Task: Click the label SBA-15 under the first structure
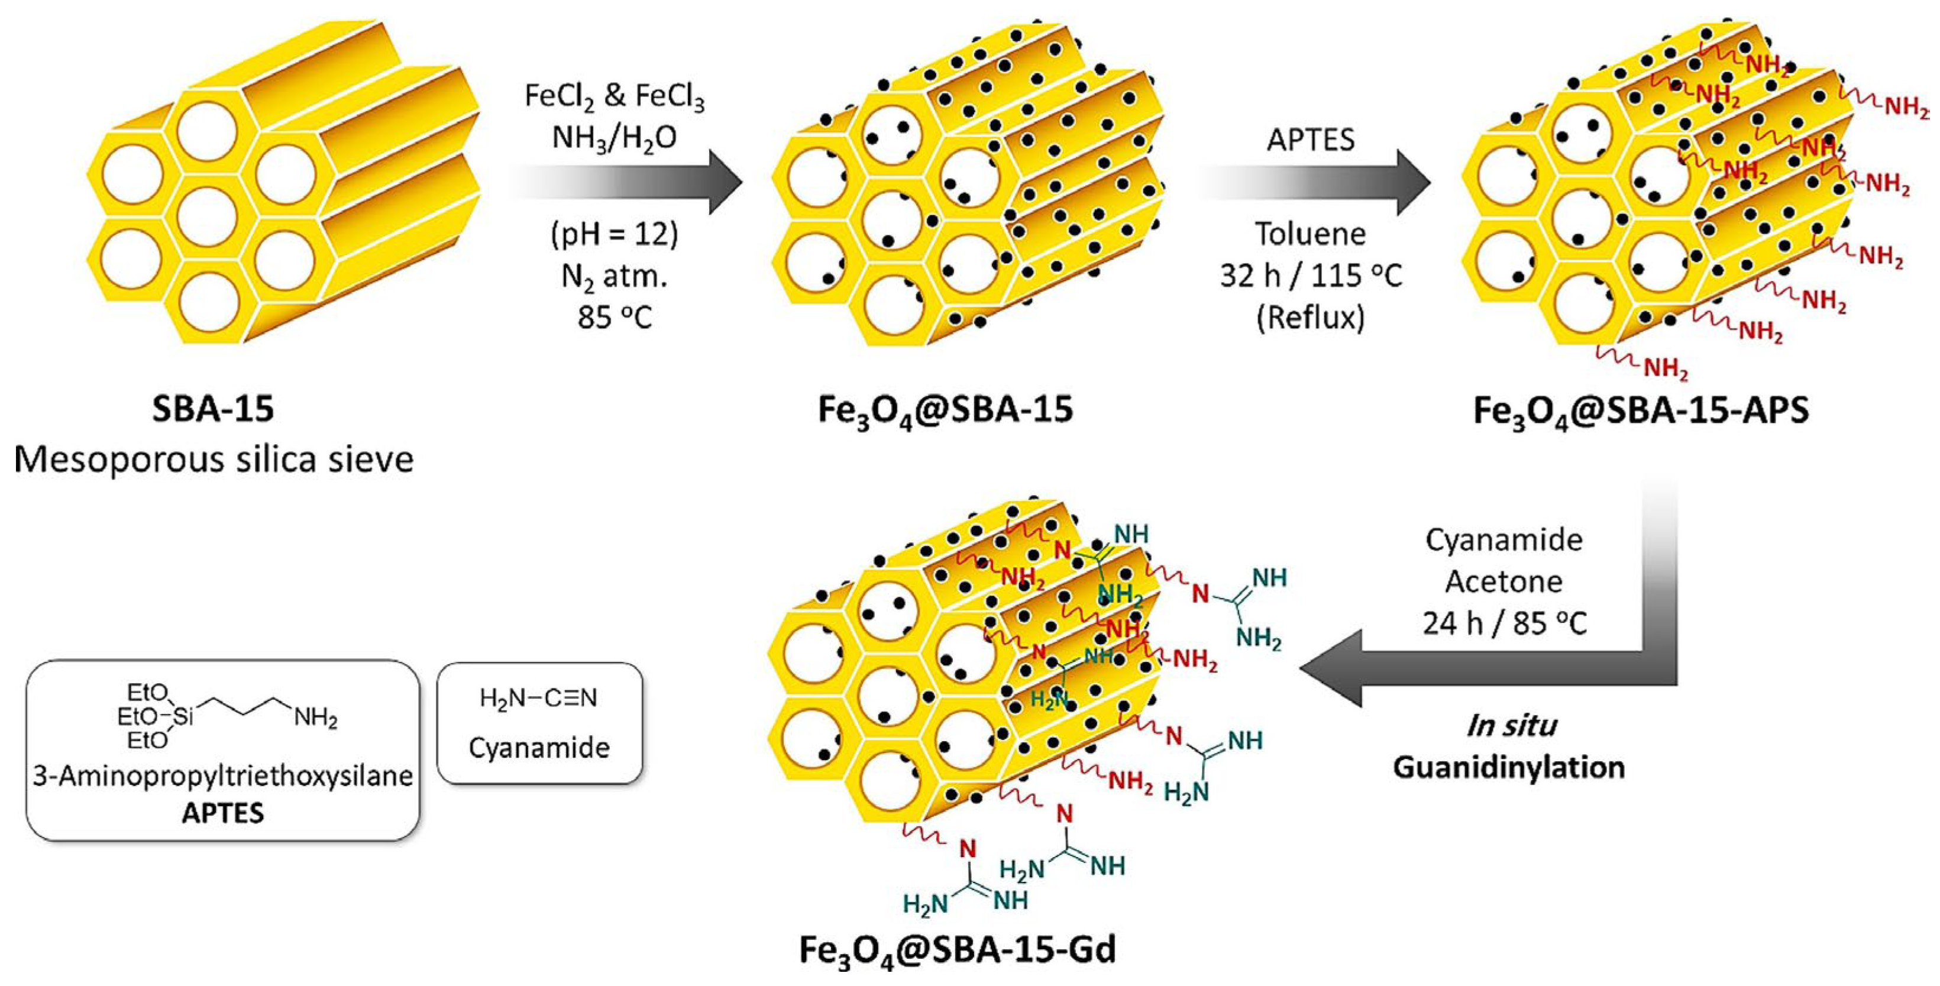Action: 213,409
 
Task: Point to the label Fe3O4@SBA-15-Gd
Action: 957,951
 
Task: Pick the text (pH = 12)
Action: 615,235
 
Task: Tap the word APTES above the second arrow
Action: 1311,140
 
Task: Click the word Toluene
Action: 1311,234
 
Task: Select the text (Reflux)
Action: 1311,318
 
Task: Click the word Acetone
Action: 1504,581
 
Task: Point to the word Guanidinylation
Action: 1508,768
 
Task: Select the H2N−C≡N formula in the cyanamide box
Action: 538,699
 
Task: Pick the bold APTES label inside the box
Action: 223,813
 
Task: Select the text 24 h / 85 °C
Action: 1504,623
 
